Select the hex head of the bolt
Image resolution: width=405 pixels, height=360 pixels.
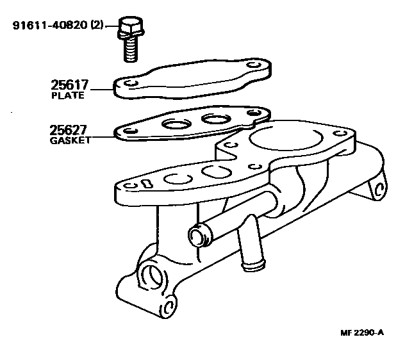(128, 28)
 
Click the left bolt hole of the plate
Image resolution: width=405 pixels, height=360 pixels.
(130, 85)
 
